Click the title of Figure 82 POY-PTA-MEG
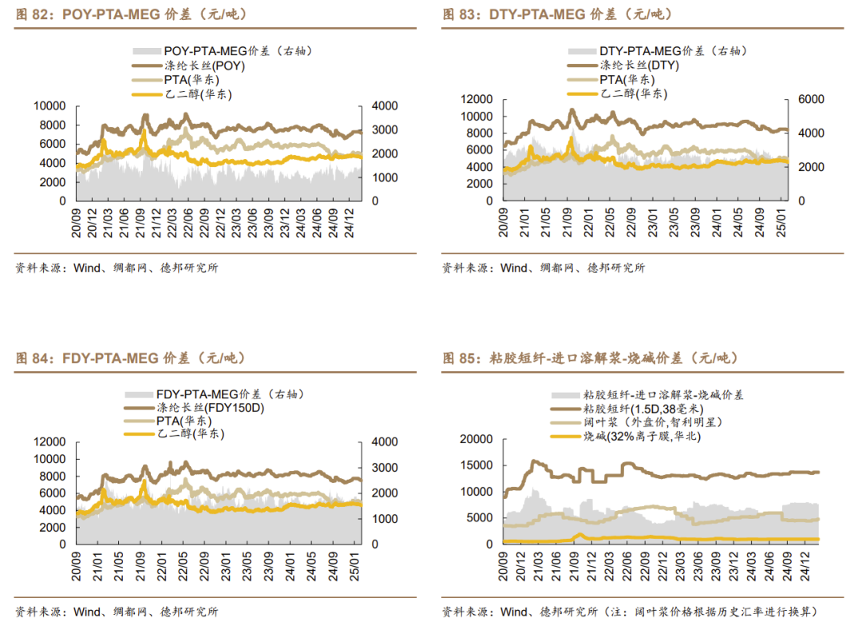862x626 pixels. [x=127, y=14]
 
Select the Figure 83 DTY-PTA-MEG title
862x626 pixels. [x=558, y=14]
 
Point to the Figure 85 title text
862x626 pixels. [x=590, y=359]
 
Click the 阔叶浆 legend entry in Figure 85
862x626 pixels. [x=646, y=422]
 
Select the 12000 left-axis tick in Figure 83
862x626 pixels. [x=478, y=99]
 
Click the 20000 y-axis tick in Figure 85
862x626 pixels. [x=476, y=439]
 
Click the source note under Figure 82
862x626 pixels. [x=117, y=268]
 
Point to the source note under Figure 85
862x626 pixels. [x=630, y=612]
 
